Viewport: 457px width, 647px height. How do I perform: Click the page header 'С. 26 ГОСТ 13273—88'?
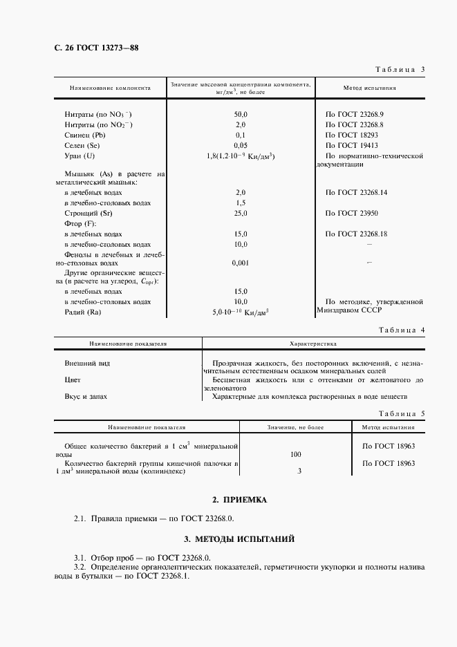[86, 48]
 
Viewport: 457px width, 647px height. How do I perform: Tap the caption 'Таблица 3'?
[400, 70]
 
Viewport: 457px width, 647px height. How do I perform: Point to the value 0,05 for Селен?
[241, 146]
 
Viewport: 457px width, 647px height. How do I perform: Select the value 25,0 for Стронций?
[241, 214]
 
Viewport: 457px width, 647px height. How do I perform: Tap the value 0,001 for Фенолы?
[241, 263]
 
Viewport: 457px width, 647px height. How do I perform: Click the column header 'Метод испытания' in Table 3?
[370, 88]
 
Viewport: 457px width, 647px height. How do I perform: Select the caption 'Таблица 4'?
[400, 330]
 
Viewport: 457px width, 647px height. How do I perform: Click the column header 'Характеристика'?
[312, 343]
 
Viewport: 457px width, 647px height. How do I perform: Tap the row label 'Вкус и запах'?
[86, 397]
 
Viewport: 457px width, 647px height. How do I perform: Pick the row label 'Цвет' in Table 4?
[73, 379]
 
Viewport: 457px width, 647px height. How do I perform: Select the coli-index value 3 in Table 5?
[299, 471]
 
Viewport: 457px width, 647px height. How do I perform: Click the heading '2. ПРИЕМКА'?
[239, 499]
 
